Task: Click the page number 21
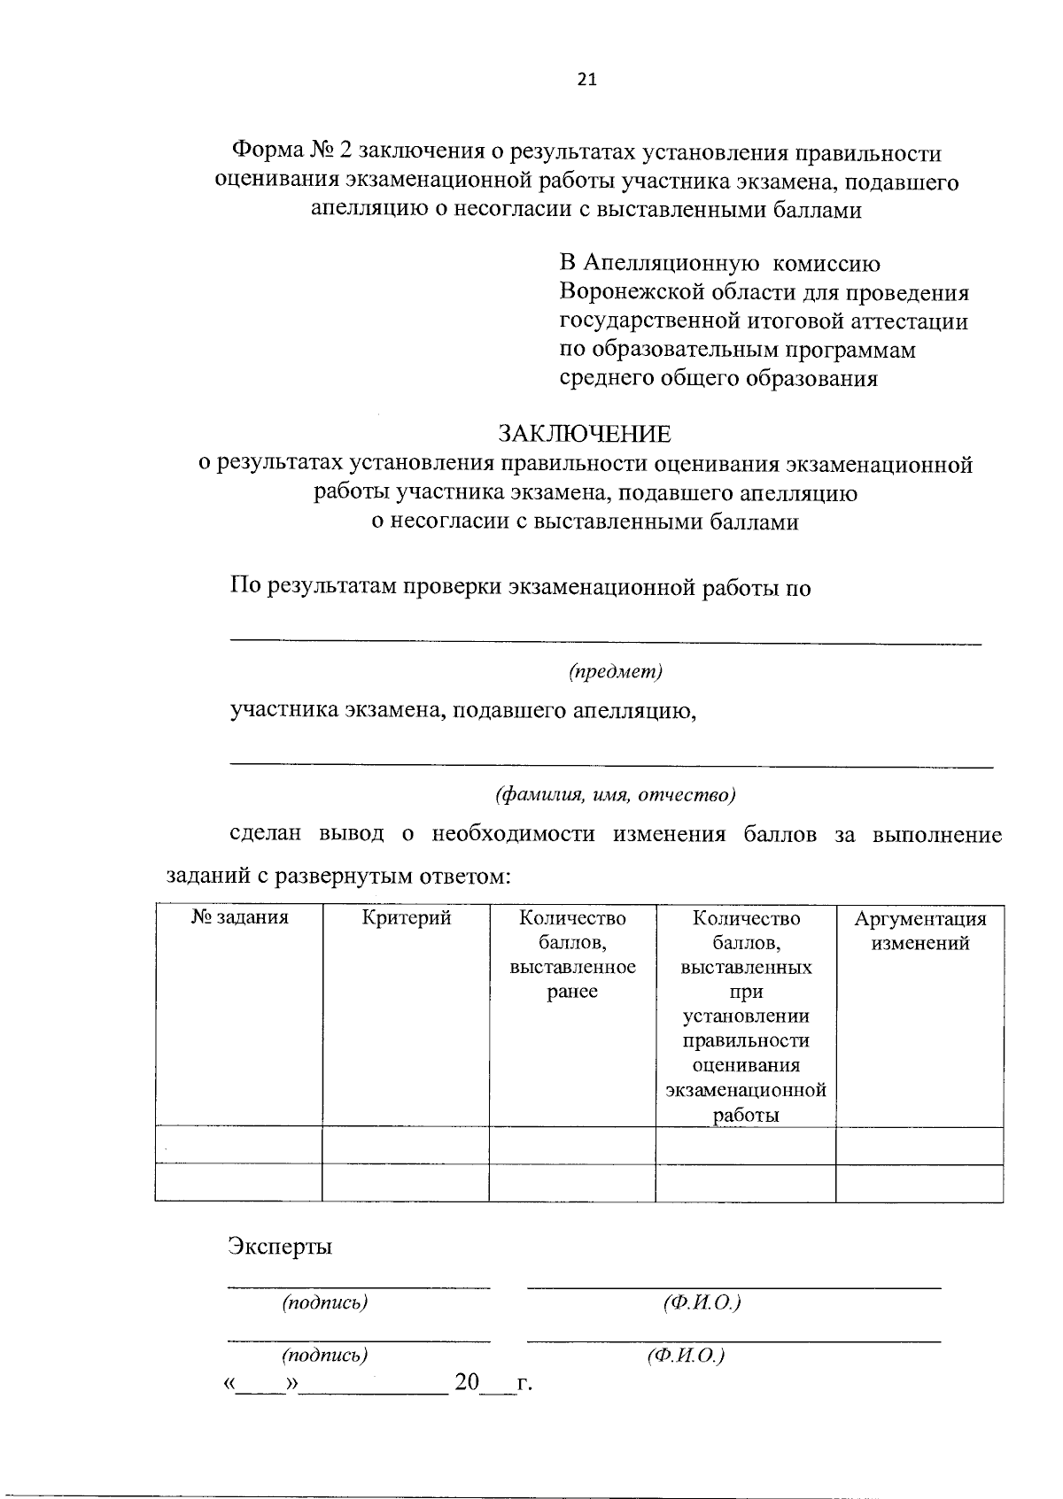[586, 80]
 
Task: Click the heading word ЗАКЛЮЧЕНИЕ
[584, 435]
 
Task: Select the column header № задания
[239, 918]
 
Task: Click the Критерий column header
[407, 918]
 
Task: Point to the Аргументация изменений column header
[919, 931]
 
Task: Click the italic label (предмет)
[616, 672]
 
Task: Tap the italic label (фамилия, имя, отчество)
[616, 794]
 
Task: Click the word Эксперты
[280, 1247]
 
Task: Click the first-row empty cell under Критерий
[406, 1146]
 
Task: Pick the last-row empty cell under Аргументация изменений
[919, 1183]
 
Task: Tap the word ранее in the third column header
[572, 992]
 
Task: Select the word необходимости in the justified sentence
[513, 835]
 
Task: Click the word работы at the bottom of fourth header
[746, 1116]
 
